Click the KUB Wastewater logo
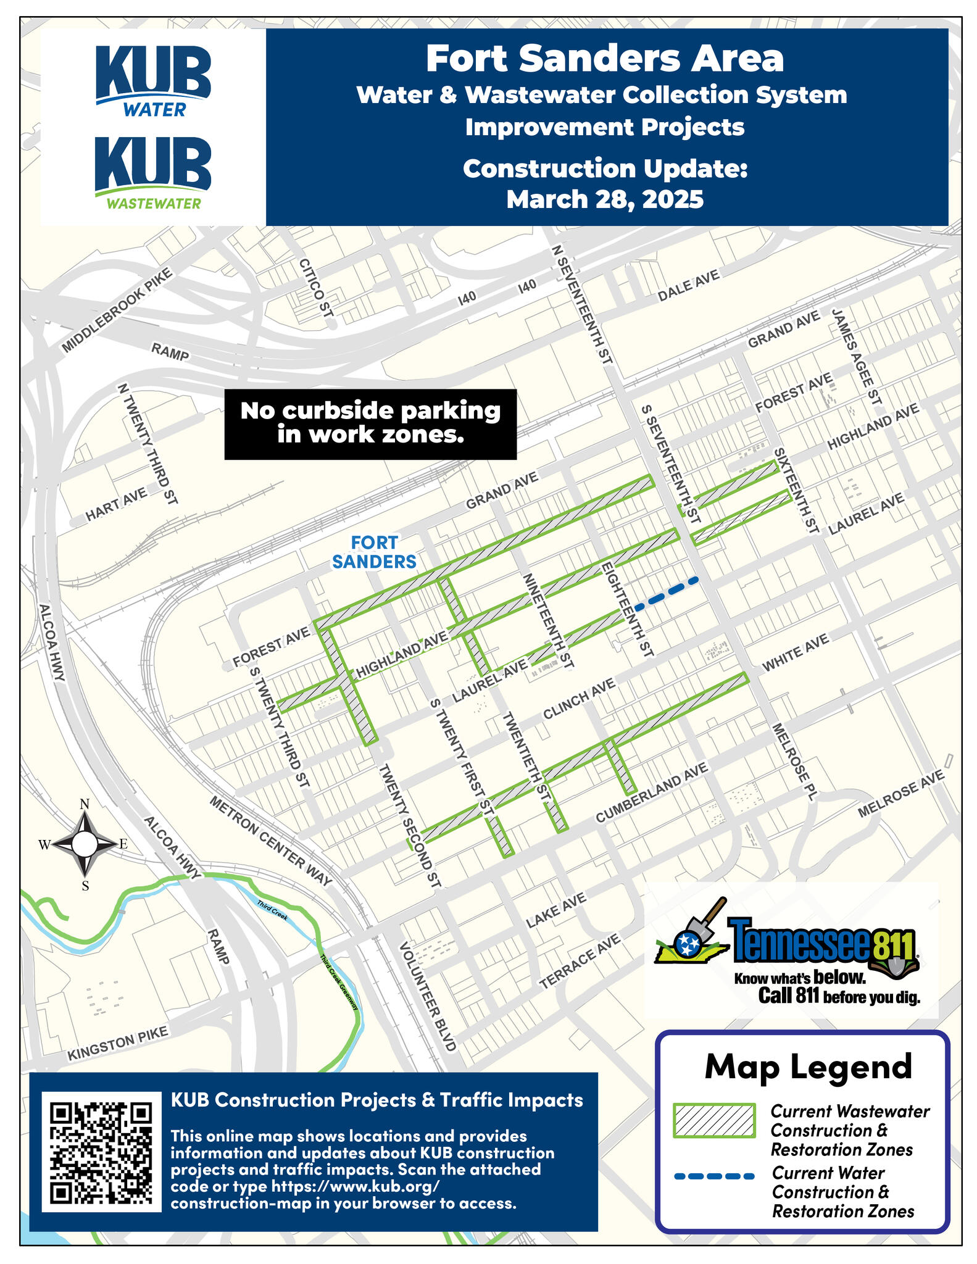point(153,172)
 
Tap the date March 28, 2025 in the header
point(605,199)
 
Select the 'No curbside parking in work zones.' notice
point(370,423)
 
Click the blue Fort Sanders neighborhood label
point(375,552)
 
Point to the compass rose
point(85,844)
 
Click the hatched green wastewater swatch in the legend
point(715,1120)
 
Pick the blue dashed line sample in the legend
point(715,1176)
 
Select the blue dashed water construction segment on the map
point(667,593)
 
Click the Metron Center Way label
point(271,841)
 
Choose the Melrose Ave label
point(900,793)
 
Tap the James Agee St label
point(857,357)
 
